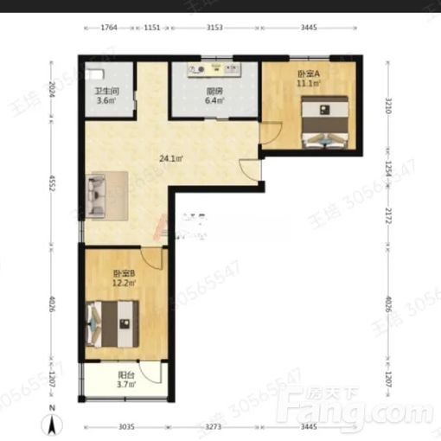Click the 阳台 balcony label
point(125,376)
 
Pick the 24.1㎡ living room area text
point(170,158)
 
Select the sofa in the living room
point(96,195)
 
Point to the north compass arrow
point(53,423)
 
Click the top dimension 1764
point(109,28)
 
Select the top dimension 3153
point(214,28)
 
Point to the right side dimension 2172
point(388,212)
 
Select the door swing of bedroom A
point(271,134)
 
